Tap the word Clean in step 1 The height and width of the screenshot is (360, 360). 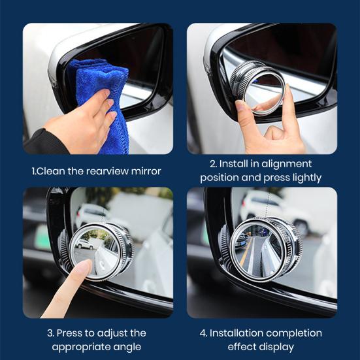coord(53,171)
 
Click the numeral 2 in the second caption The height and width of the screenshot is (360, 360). coord(213,163)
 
